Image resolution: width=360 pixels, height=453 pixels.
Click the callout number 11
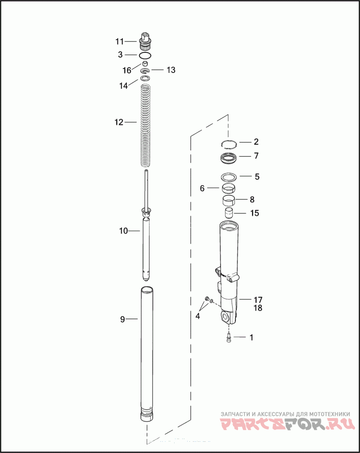120,41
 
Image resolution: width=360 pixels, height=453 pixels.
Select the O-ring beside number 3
145,55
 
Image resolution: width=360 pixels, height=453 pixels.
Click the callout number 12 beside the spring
119,122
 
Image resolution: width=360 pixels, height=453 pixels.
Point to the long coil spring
146,125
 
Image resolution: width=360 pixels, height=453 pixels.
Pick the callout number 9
122,319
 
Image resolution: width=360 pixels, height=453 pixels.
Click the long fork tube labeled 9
147,355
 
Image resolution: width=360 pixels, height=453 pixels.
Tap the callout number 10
123,231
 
